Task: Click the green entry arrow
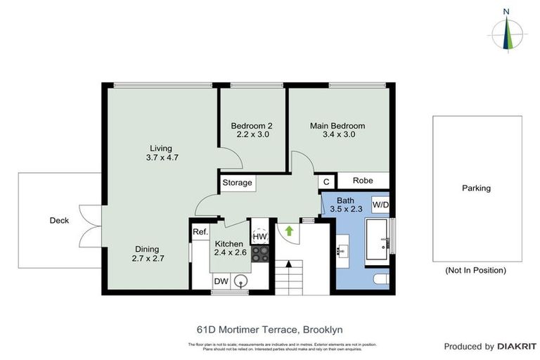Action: (x=289, y=230)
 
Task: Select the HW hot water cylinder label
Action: (x=259, y=237)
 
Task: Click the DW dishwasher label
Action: (x=221, y=281)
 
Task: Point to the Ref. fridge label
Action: (x=200, y=232)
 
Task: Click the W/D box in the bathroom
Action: (x=380, y=205)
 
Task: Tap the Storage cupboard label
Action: (x=237, y=183)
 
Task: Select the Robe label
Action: (x=363, y=181)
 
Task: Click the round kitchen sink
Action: (x=243, y=281)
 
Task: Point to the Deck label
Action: (x=59, y=220)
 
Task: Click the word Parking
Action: (x=476, y=188)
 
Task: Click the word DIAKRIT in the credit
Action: (x=517, y=347)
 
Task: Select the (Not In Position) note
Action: (x=476, y=271)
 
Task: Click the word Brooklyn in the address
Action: (x=323, y=328)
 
